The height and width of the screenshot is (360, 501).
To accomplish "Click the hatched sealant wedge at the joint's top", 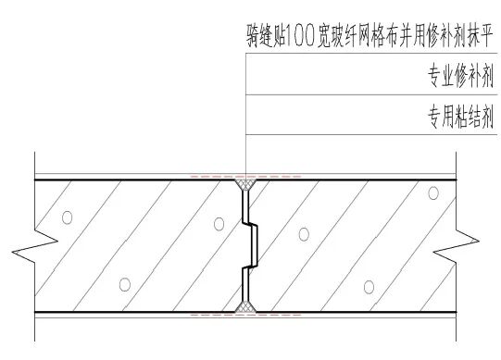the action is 246,186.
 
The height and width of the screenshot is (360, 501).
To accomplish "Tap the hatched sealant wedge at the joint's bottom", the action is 246,304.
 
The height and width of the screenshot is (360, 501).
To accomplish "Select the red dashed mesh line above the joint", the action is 246,175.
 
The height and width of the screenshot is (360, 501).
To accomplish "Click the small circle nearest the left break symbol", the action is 67,217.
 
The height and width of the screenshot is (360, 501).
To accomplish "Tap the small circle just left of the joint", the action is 217,223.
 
